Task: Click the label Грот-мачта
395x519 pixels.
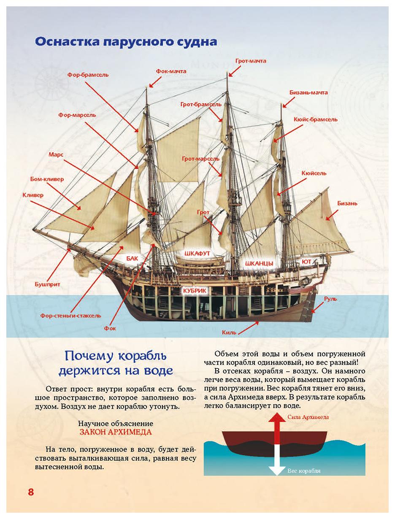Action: point(251,61)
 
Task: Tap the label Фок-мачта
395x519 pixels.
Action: point(171,71)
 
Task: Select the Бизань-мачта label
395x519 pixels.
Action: point(308,92)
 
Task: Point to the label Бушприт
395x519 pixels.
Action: point(47,284)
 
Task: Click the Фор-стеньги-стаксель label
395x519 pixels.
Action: point(70,316)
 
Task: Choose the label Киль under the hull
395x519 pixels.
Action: point(229,332)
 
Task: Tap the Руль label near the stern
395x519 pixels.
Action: point(330,299)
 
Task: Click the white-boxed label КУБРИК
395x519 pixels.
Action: point(195,291)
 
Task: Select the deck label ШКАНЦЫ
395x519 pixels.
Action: point(259,263)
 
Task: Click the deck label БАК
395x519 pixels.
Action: point(132,258)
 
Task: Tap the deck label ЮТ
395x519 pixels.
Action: point(307,262)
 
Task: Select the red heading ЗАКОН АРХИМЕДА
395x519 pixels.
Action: point(115,432)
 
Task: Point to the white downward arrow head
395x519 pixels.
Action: point(276,470)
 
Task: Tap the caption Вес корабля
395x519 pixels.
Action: point(304,471)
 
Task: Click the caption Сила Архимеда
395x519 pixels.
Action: point(308,417)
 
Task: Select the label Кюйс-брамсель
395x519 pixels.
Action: point(316,119)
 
